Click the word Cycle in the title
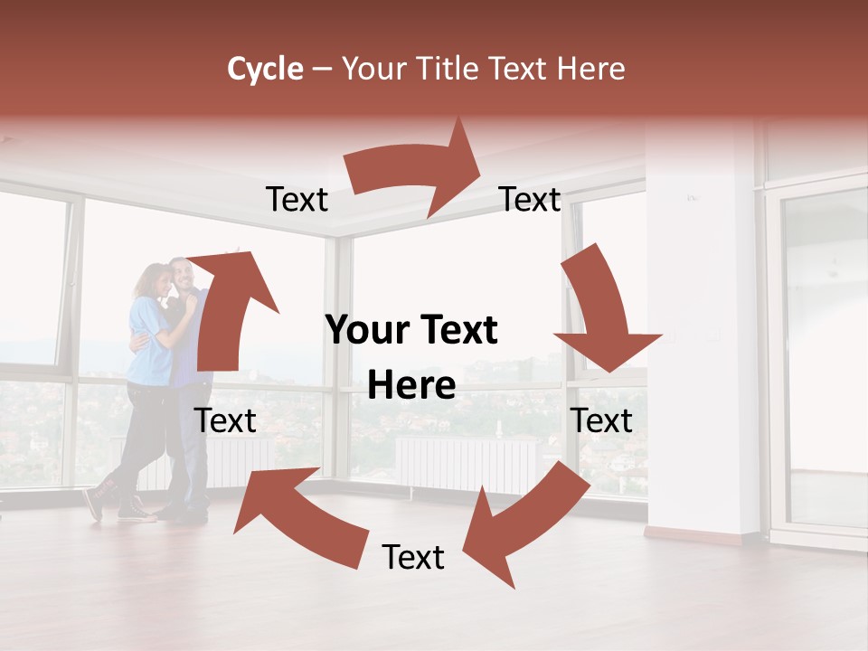point(265,69)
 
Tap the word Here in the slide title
point(593,69)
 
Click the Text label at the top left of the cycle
point(297,200)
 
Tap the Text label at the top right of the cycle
point(530,199)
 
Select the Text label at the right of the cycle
point(601,420)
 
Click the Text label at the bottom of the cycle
point(413,558)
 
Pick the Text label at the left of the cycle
point(225,420)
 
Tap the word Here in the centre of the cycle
point(411,386)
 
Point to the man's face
point(182,274)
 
